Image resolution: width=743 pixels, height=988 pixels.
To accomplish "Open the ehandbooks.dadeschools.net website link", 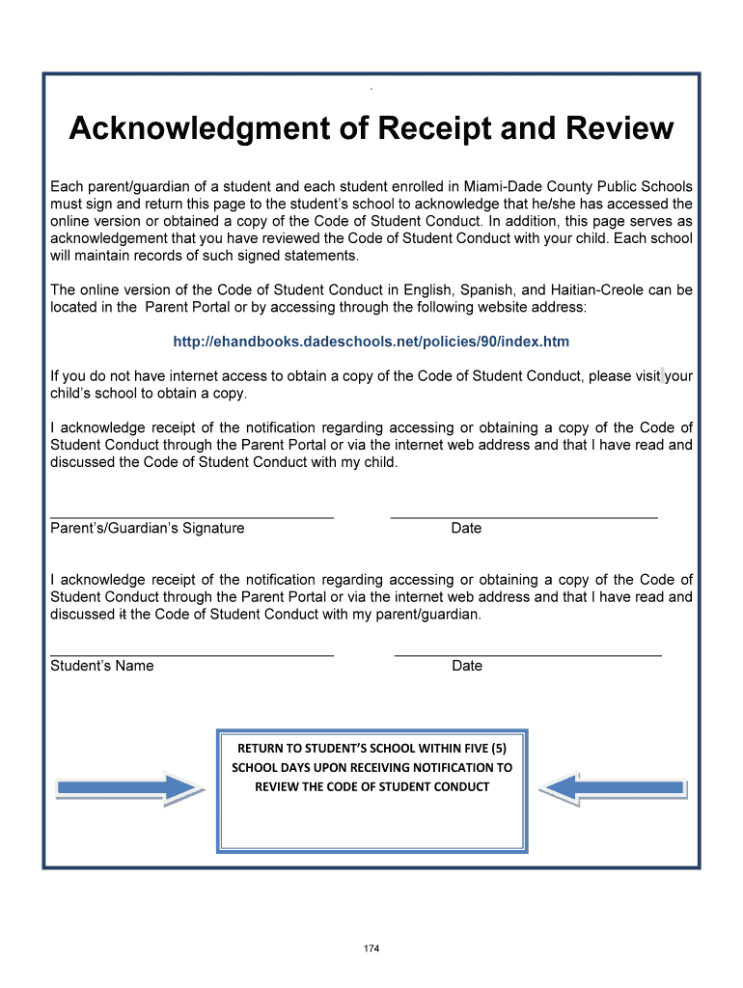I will click(371, 342).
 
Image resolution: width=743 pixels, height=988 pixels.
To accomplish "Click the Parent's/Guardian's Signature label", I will click(147, 528).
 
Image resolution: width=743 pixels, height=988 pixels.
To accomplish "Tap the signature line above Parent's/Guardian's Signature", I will click(191, 518).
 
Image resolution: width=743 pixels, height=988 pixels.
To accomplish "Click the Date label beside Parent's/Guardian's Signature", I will click(466, 528).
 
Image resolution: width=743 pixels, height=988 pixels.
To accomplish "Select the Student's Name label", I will click(101, 666).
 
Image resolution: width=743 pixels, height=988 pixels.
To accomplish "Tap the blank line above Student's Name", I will click(191, 656).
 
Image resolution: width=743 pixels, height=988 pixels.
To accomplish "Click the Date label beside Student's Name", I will click(467, 666).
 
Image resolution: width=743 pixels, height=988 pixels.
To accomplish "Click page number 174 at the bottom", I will click(371, 949).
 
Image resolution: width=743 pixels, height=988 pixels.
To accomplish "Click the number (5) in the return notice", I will click(496, 748).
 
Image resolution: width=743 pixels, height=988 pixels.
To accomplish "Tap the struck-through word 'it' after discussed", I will click(122, 615).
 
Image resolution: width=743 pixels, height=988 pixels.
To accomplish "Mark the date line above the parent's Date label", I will click(524, 518).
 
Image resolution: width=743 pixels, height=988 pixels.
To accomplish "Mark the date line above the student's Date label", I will click(528, 656).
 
